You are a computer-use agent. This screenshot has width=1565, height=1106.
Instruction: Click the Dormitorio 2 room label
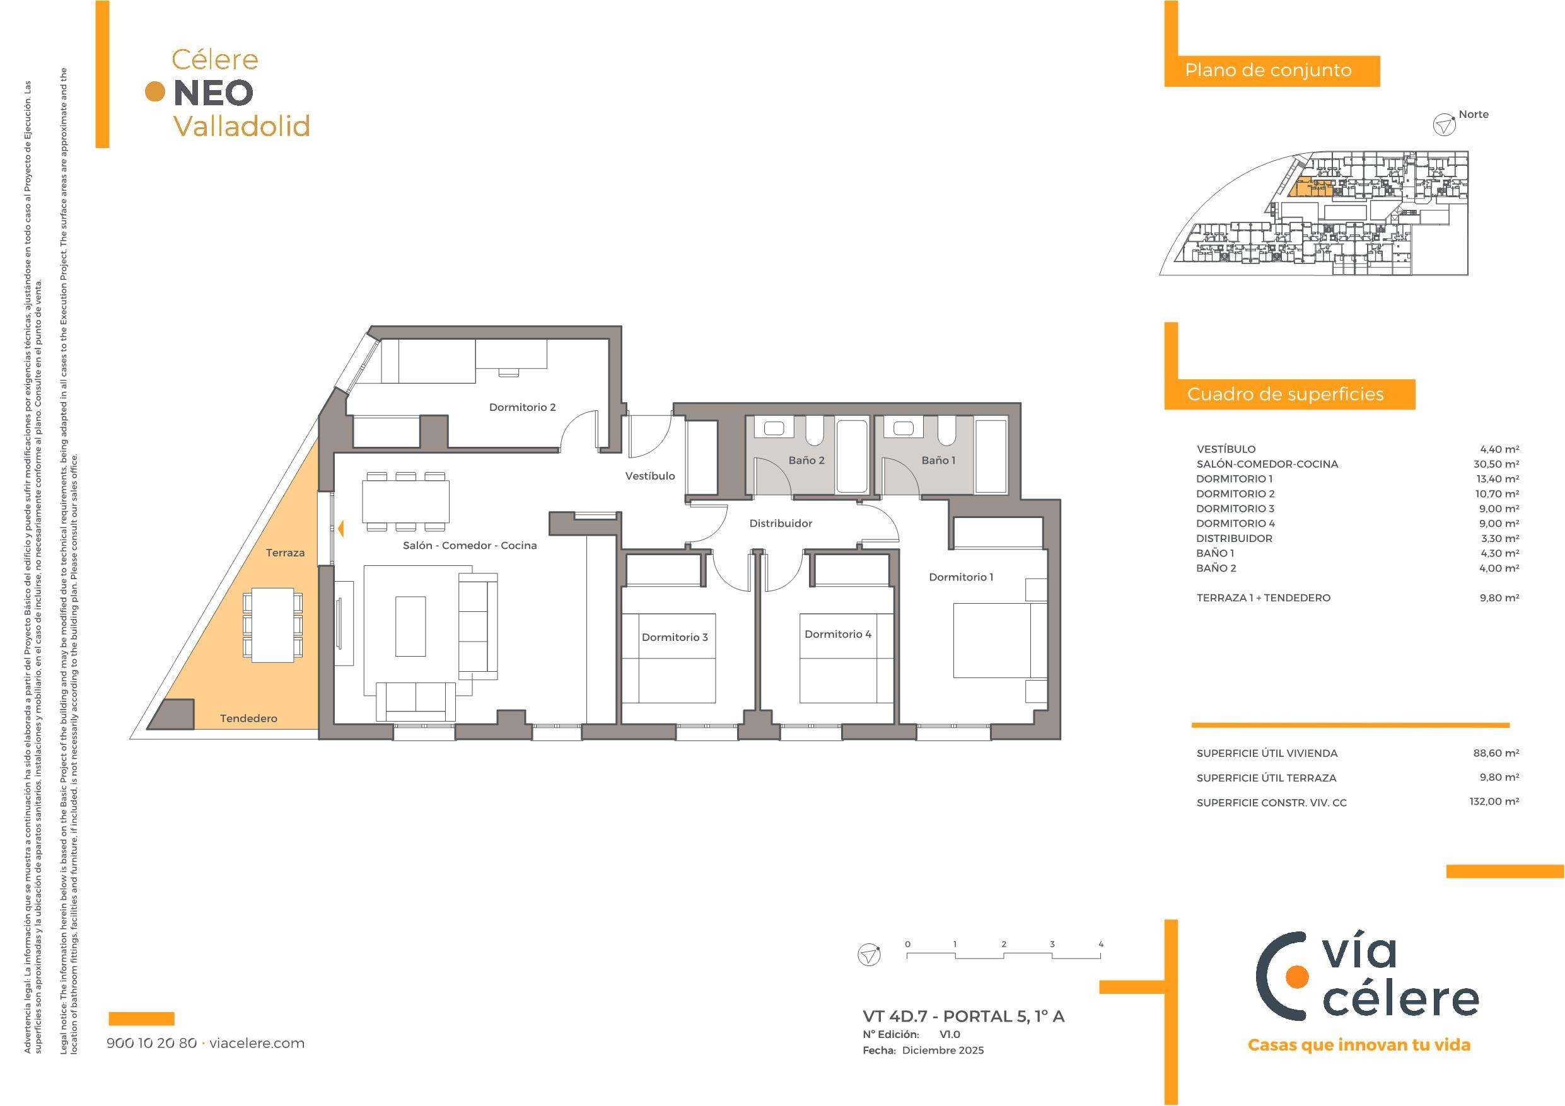[522, 408]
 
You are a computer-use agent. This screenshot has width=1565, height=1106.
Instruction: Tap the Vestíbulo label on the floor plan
[650, 476]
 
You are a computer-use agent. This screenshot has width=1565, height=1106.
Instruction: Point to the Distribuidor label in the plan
[781, 523]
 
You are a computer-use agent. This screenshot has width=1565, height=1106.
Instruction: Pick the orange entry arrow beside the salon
[339, 527]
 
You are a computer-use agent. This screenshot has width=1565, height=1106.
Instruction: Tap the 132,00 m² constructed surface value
[1494, 802]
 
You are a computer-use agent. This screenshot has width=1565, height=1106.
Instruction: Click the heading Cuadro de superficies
[1285, 395]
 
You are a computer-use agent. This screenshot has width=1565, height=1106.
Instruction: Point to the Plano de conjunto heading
[1268, 70]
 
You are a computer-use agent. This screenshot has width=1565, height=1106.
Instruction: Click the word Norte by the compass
[1473, 115]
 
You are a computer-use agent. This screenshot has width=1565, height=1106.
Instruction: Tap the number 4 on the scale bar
[1101, 945]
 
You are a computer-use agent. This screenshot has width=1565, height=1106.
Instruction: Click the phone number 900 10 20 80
[152, 1044]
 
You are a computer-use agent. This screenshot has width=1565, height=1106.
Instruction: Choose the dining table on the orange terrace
[272, 624]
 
